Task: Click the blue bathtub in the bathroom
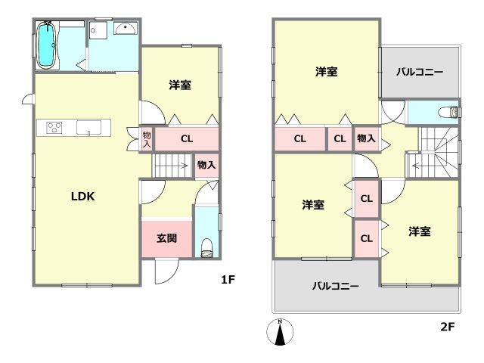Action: tap(47, 45)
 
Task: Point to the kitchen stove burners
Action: tap(55, 127)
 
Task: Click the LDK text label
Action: tap(82, 195)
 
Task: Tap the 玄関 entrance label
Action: tap(167, 238)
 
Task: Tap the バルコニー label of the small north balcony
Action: tap(420, 72)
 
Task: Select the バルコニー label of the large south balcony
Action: tap(336, 286)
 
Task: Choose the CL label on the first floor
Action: tap(186, 138)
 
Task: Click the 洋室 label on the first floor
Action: tap(179, 85)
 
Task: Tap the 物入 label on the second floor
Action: tap(366, 138)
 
